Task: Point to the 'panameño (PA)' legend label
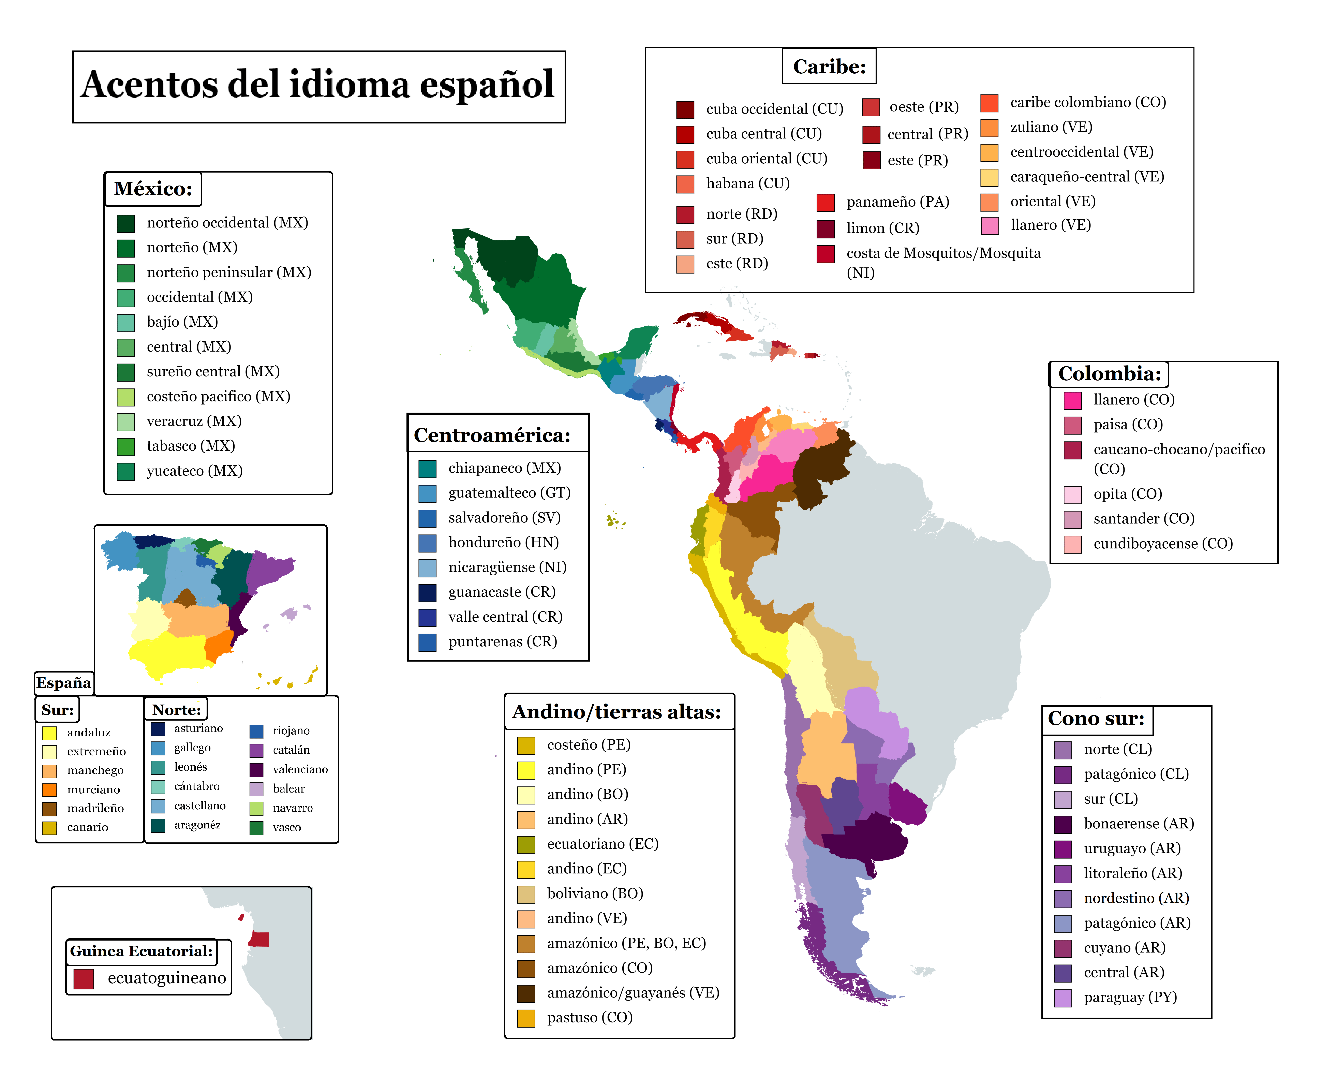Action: pos(897,202)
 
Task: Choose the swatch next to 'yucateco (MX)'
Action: pos(126,472)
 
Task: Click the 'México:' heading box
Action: pos(153,189)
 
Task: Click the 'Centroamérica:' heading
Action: pos(491,435)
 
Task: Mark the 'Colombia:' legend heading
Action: pos(1109,374)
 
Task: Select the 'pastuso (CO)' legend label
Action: pos(590,1018)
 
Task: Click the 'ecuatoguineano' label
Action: pos(166,978)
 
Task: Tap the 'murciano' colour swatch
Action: pos(50,790)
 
